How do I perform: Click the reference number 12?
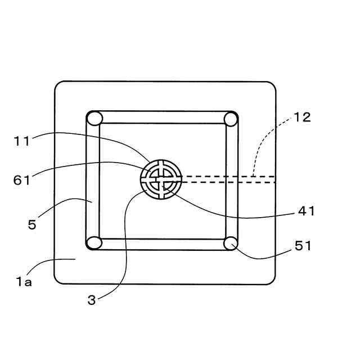pos(302,118)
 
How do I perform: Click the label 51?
pos(303,246)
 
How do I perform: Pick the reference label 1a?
pos(24,281)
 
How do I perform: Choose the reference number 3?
pos(92,300)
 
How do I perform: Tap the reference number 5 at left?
pos(32,224)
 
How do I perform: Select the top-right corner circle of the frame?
pos(230,119)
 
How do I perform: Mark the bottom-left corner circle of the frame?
pos(94,243)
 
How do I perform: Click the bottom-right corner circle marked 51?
pos(230,243)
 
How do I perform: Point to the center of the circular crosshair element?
pos(161,179)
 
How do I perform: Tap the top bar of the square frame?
pos(162,118)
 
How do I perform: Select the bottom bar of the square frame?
pos(162,244)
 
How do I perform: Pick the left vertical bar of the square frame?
pos(93,181)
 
